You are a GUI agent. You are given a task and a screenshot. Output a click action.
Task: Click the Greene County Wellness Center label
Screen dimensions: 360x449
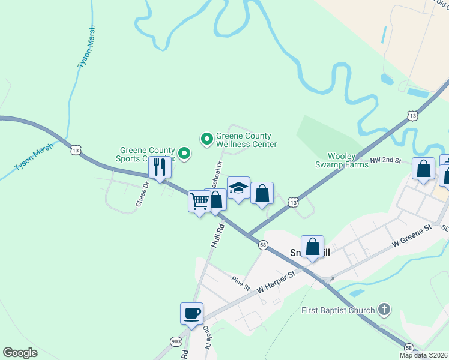click(x=246, y=140)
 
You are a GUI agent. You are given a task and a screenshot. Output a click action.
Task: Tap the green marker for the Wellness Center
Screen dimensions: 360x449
click(x=207, y=140)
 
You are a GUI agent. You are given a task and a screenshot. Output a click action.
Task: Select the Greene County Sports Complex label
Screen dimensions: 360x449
click(x=147, y=155)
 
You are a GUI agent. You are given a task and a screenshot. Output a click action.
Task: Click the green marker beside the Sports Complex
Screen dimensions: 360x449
click(x=185, y=154)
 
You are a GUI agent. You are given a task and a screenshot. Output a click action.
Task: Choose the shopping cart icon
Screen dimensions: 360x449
click(x=199, y=202)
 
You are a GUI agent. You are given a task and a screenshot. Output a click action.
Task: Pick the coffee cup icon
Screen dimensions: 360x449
click(x=191, y=313)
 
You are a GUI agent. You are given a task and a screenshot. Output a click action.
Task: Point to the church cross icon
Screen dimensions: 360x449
click(x=385, y=310)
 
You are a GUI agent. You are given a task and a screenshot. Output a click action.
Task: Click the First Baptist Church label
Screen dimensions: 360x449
click(x=339, y=311)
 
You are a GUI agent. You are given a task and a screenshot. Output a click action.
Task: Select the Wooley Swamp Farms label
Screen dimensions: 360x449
click(x=342, y=160)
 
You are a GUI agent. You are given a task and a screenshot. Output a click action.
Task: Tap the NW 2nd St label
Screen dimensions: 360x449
click(x=384, y=160)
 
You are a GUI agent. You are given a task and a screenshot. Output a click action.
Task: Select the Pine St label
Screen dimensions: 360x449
click(x=240, y=283)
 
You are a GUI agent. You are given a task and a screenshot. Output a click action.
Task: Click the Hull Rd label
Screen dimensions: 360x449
click(x=217, y=236)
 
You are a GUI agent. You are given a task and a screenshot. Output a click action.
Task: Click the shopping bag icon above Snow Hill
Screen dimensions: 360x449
click(x=312, y=247)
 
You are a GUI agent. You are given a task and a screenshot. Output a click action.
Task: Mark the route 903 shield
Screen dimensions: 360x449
click(x=176, y=341)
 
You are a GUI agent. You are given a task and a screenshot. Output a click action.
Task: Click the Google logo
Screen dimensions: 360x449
click(x=20, y=353)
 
